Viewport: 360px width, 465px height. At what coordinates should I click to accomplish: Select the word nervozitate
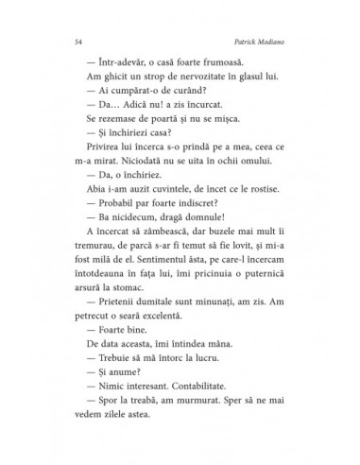tap(187, 86)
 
